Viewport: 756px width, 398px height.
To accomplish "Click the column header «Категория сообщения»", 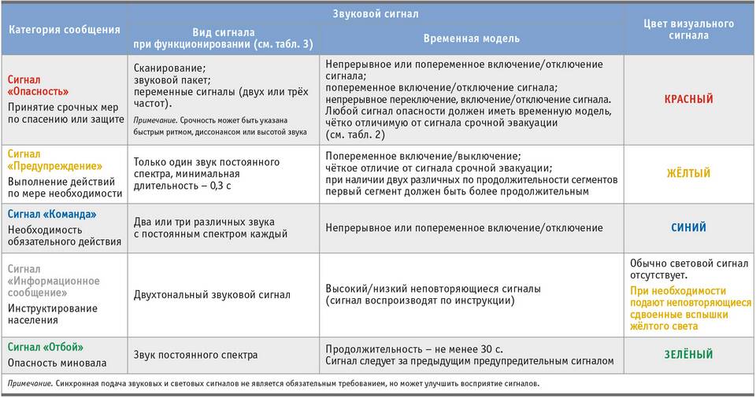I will coord(65,30).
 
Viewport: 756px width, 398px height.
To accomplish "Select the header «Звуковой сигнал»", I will coord(376,13).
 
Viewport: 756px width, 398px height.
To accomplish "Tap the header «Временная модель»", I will coord(471,38).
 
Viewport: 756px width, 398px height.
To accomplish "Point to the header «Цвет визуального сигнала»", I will coord(689,30).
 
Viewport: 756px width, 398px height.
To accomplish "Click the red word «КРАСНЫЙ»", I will coord(689,100).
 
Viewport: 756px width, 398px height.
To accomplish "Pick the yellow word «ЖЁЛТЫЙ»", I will coord(689,173).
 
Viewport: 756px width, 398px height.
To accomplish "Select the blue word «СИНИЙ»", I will coord(689,227).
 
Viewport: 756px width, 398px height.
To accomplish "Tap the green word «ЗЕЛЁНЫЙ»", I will coord(689,355).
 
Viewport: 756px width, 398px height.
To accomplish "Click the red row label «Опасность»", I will coord(38,92).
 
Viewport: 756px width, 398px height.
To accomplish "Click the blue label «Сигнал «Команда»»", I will coord(52,214).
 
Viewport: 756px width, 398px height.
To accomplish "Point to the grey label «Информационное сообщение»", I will coord(54,287).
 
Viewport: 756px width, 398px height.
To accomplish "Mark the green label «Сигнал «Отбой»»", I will coord(45,347).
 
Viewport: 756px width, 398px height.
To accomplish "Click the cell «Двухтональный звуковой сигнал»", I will coord(212,295).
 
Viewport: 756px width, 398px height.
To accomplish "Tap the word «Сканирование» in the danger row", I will coord(169,68).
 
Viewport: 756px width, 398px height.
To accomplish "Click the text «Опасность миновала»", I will coord(56,363).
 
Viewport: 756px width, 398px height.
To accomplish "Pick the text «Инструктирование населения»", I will coord(53,314).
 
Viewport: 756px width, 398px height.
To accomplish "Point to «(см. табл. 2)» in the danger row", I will coord(354,135).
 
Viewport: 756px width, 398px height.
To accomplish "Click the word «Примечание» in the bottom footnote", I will coord(28,384).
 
